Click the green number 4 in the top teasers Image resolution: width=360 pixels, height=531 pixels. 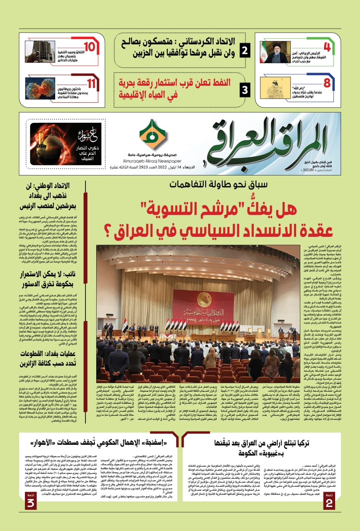[327, 47]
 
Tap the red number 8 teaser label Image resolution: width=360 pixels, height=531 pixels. [327, 83]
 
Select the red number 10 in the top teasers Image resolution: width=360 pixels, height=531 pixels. [89, 47]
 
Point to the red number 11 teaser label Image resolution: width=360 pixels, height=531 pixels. [92, 83]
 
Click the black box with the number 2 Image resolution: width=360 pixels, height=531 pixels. [245, 51]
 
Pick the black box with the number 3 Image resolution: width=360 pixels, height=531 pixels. [245, 89]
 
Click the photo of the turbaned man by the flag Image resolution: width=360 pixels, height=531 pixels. [275, 52]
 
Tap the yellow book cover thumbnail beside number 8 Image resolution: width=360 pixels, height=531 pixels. [277, 88]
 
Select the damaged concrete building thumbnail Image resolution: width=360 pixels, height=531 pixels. [40, 51]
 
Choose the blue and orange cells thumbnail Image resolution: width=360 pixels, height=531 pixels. [40, 88]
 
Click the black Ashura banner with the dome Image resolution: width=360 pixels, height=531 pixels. [66, 144]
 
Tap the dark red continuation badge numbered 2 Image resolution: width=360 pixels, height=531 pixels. [330, 489]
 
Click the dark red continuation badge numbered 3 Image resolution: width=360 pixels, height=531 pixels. [31, 489]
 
